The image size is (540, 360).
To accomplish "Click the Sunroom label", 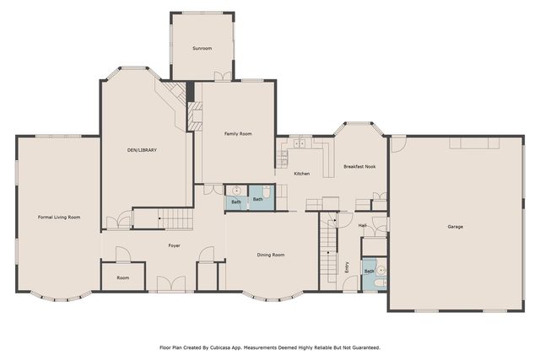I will coord(202,49).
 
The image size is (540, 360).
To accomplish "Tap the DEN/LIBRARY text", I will coord(143,150).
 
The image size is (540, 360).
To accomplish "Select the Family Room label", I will coord(238,134).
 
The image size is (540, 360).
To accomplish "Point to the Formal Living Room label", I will coord(59,218).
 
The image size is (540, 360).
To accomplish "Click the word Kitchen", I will coord(301,174).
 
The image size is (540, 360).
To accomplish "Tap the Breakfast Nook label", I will coord(359,167).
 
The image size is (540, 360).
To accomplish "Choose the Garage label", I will coord(455,226).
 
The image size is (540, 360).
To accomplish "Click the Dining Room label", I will coord(270,255).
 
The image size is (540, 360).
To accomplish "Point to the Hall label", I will coord(362,226).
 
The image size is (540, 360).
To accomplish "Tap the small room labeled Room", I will coord(122,277).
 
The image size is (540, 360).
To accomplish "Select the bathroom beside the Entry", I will coord(374,271).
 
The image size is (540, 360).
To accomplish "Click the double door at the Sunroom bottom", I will coord(222,77).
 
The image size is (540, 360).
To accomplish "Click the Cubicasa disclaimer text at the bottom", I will coord(269,347).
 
